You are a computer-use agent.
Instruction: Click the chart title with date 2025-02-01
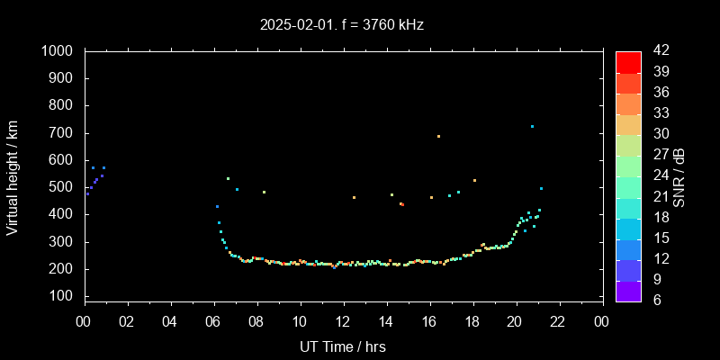[x=341, y=25]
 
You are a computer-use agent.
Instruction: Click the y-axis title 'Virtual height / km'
[x=13, y=177]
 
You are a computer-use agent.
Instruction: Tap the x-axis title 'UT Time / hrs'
[x=343, y=346]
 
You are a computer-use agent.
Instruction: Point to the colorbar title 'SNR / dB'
[x=679, y=177]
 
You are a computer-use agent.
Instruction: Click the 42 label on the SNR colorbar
[x=659, y=51]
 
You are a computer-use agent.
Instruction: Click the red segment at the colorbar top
[x=628, y=61]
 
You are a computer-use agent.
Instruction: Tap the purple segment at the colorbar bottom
[x=628, y=290]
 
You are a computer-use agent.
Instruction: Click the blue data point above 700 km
[x=532, y=127]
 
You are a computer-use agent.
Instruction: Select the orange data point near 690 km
[x=438, y=137]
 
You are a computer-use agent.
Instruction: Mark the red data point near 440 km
[x=401, y=204]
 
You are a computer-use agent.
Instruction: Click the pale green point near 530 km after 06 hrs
[x=228, y=178]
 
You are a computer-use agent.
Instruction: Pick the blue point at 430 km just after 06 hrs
[x=217, y=206]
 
